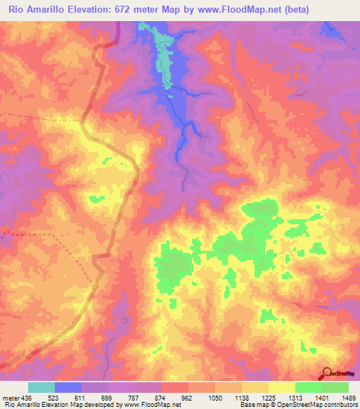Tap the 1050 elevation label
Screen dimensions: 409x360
tap(216, 397)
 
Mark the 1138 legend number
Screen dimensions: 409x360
tap(243, 397)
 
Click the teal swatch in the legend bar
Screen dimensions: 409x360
tap(41, 387)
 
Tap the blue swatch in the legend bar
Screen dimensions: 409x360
tap(68, 387)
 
